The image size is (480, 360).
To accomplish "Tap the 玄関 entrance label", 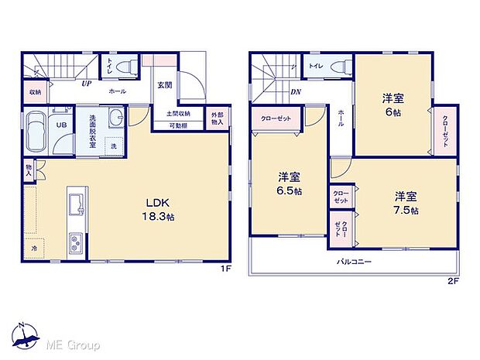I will pyautogui.click(x=164, y=86).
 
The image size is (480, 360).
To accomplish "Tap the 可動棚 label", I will pyautogui.click(x=178, y=125).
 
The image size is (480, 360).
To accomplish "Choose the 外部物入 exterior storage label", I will pyautogui.click(x=218, y=119).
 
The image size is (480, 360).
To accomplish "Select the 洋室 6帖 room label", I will pyautogui.click(x=391, y=105).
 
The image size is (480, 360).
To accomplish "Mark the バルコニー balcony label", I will pyautogui.click(x=355, y=262).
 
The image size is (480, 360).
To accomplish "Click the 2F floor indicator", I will pyautogui.click(x=453, y=280).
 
